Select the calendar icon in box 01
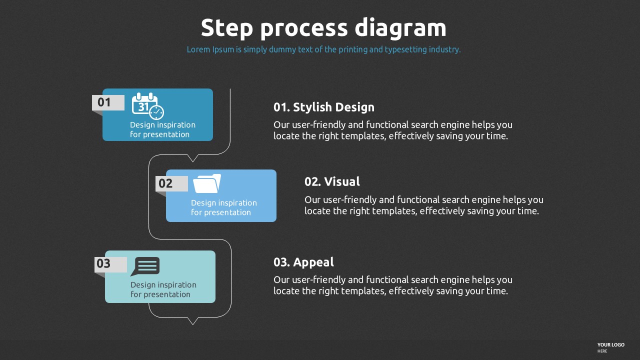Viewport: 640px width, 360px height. click(147, 106)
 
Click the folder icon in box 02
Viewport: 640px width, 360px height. click(207, 183)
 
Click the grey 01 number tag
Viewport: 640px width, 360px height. click(108, 102)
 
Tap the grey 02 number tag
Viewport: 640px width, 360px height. click(171, 183)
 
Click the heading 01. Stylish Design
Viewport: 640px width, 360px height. click(323, 107)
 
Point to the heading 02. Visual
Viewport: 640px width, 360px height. click(332, 181)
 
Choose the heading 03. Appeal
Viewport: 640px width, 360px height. click(303, 262)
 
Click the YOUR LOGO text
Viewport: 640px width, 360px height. click(611, 345)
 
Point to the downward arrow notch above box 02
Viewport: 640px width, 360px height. click(193, 158)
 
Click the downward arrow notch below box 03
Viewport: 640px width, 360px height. click(193, 321)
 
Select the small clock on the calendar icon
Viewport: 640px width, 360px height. click(156, 112)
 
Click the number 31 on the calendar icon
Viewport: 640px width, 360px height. click(143, 107)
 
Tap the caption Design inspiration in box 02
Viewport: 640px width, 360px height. click(224, 203)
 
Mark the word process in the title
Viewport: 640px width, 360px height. click(304, 29)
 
